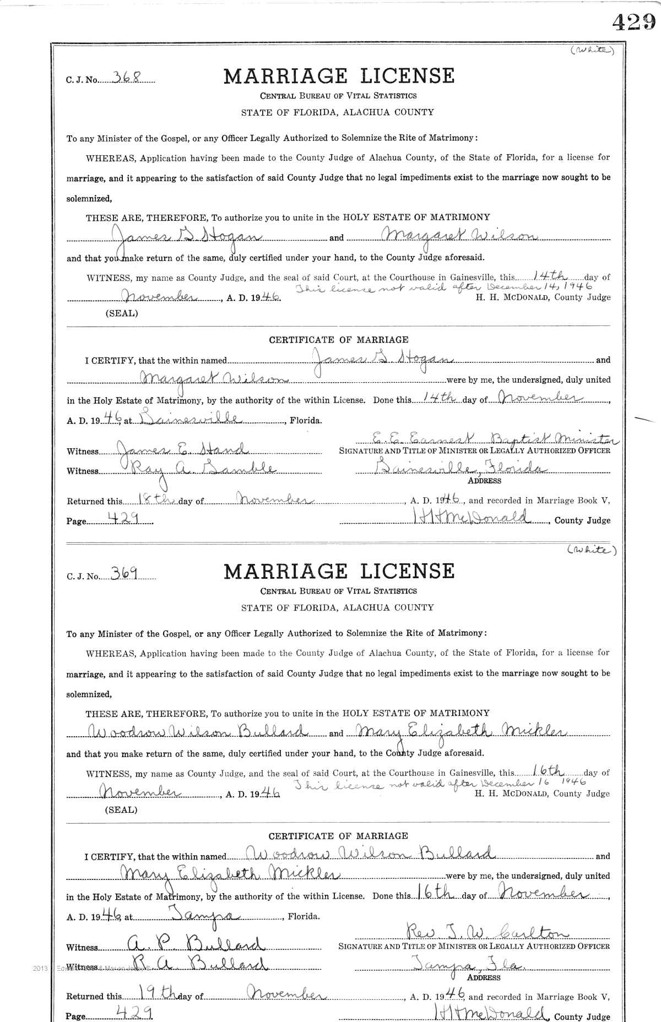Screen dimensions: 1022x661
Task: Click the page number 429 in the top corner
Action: coord(633,22)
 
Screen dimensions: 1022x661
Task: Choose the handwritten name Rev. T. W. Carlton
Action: coord(480,932)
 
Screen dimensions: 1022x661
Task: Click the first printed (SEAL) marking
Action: coord(121,314)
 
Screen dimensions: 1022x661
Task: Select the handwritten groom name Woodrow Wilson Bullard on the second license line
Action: coord(196,732)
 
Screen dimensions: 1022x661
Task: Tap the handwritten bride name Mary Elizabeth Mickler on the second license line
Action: coord(460,732)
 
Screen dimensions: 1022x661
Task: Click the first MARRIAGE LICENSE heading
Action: coord(339,76)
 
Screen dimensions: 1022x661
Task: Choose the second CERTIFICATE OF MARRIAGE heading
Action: coord(338,836)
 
